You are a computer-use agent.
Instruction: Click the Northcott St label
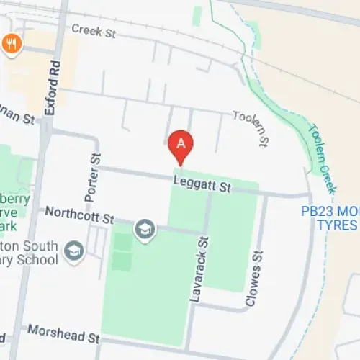coord(79,214)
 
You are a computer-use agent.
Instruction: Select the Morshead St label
coord(63,334)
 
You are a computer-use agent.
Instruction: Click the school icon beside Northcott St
coord(145,230)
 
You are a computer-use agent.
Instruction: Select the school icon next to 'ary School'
coord(74,251)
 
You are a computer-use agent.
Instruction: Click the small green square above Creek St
coord(197,14)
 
